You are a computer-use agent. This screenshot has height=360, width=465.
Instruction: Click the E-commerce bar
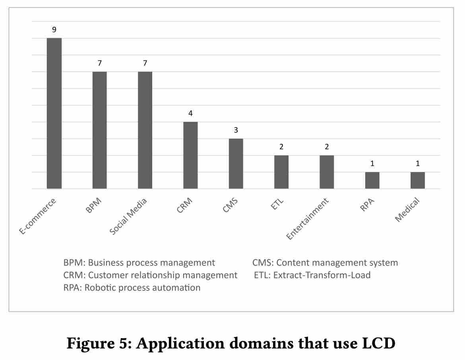pos(54,113)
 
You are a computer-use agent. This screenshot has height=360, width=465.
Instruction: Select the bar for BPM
pos(99,130)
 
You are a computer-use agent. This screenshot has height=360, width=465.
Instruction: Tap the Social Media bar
pos(145,130)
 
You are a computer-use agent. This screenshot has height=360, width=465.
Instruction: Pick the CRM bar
pos(190,155)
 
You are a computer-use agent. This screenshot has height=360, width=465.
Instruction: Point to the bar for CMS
pos(236,163)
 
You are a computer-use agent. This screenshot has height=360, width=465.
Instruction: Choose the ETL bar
pos(281,172)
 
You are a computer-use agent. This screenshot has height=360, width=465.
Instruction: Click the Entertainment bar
pos(327,172)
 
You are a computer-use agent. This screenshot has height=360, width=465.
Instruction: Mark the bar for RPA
pos(372,180)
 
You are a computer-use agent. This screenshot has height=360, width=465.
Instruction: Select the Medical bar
pos(418,180)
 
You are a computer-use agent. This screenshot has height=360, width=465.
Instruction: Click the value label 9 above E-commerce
pos(54,29)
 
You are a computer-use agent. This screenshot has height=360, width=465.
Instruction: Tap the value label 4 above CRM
pos(190,113)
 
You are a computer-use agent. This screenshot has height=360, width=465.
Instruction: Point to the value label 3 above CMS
pos(236,130)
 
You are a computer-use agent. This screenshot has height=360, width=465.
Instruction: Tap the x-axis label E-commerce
pos(38,217)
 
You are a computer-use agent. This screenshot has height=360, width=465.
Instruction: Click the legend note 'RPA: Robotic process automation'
pos(132,287)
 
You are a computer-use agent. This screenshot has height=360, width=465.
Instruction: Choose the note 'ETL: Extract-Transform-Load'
pos(312,275)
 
